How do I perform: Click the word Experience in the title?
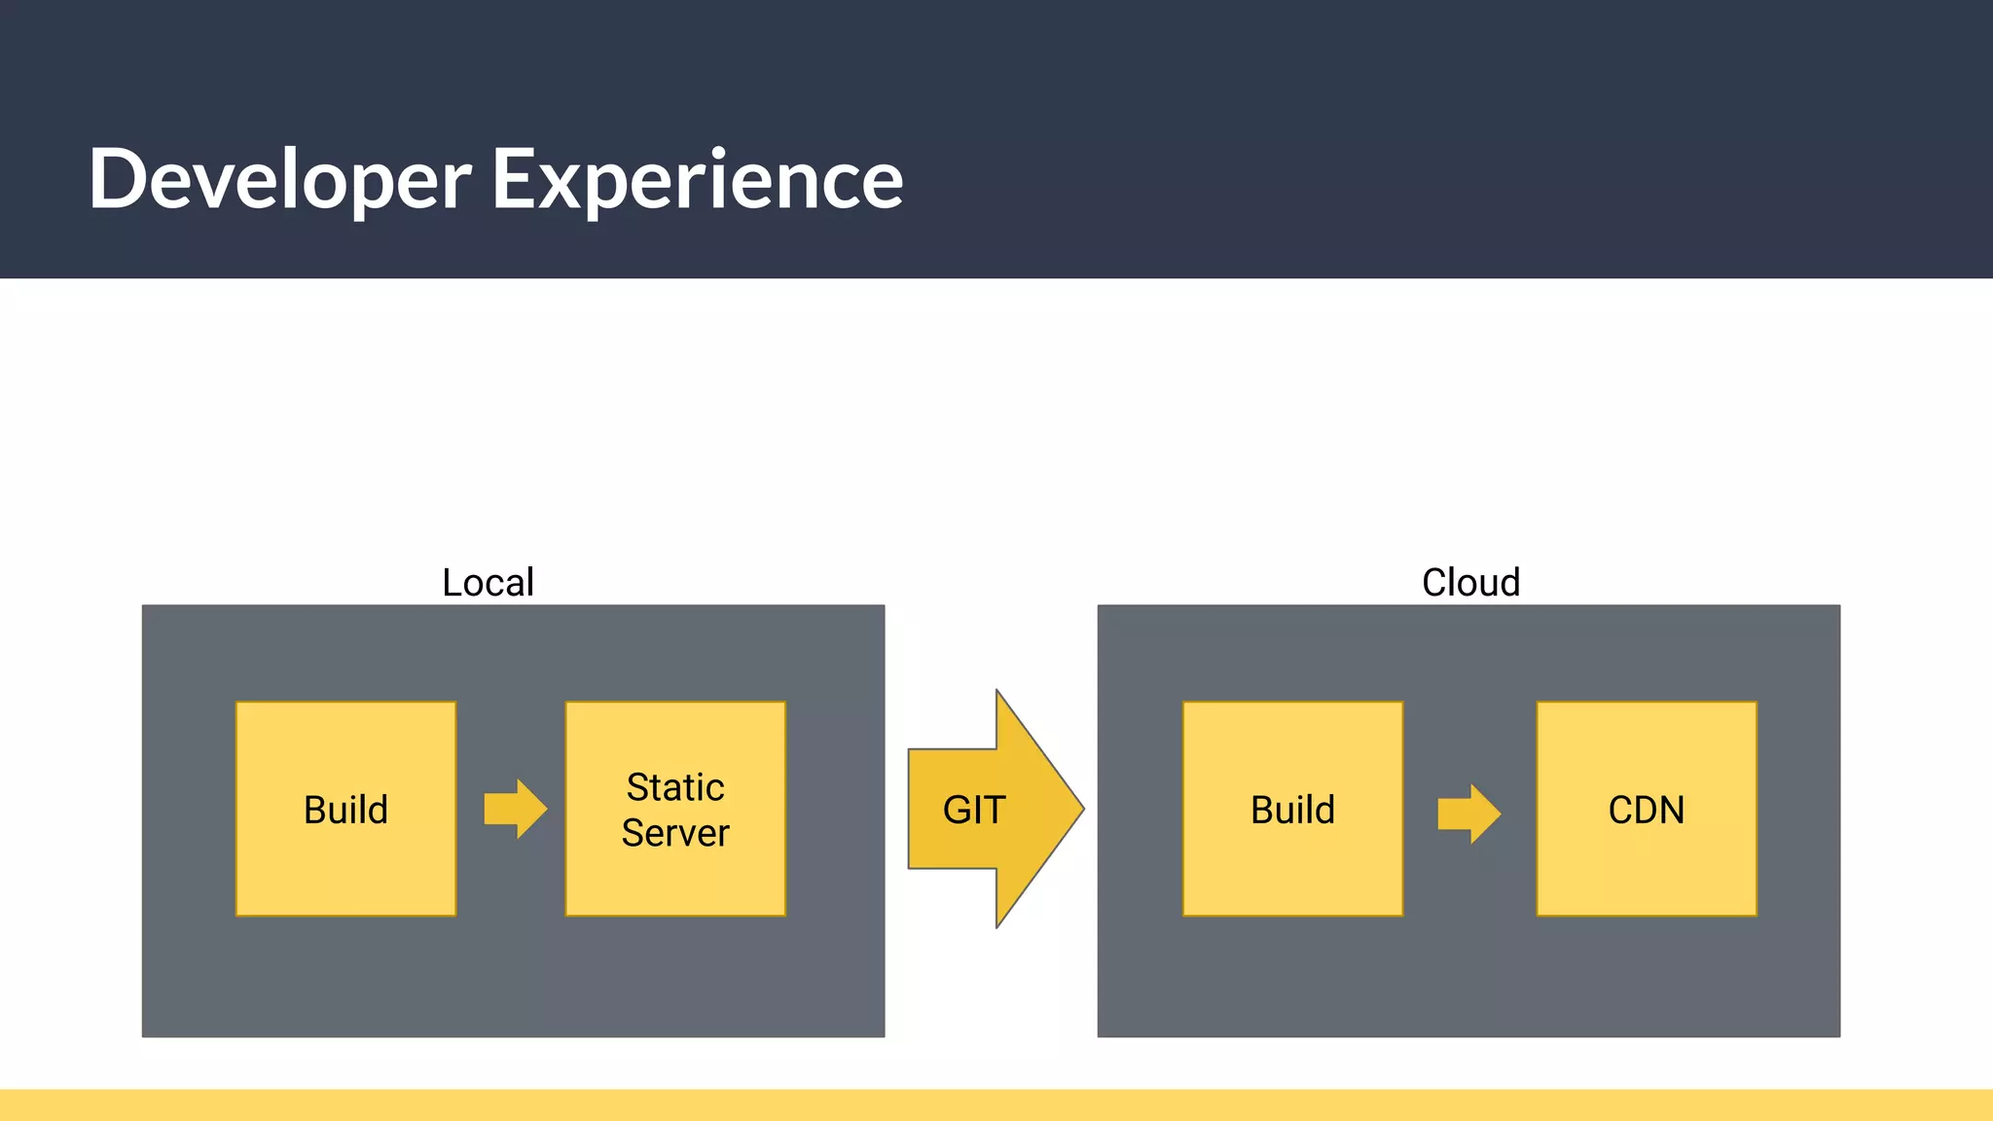coord(697,180)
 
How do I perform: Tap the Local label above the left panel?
coord(488,582)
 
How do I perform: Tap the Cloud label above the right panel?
coord(1470,582)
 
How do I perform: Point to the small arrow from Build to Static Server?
coord(516,809)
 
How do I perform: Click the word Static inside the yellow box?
coord(675,787)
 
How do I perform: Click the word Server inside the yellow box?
coord(675,833)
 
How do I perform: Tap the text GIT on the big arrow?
coord(973,810)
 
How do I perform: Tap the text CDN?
coord(1647,810)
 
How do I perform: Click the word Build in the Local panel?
coord(345,810)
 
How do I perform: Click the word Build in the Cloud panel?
coord(1292,810)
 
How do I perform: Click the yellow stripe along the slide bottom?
coord(996,1104)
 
